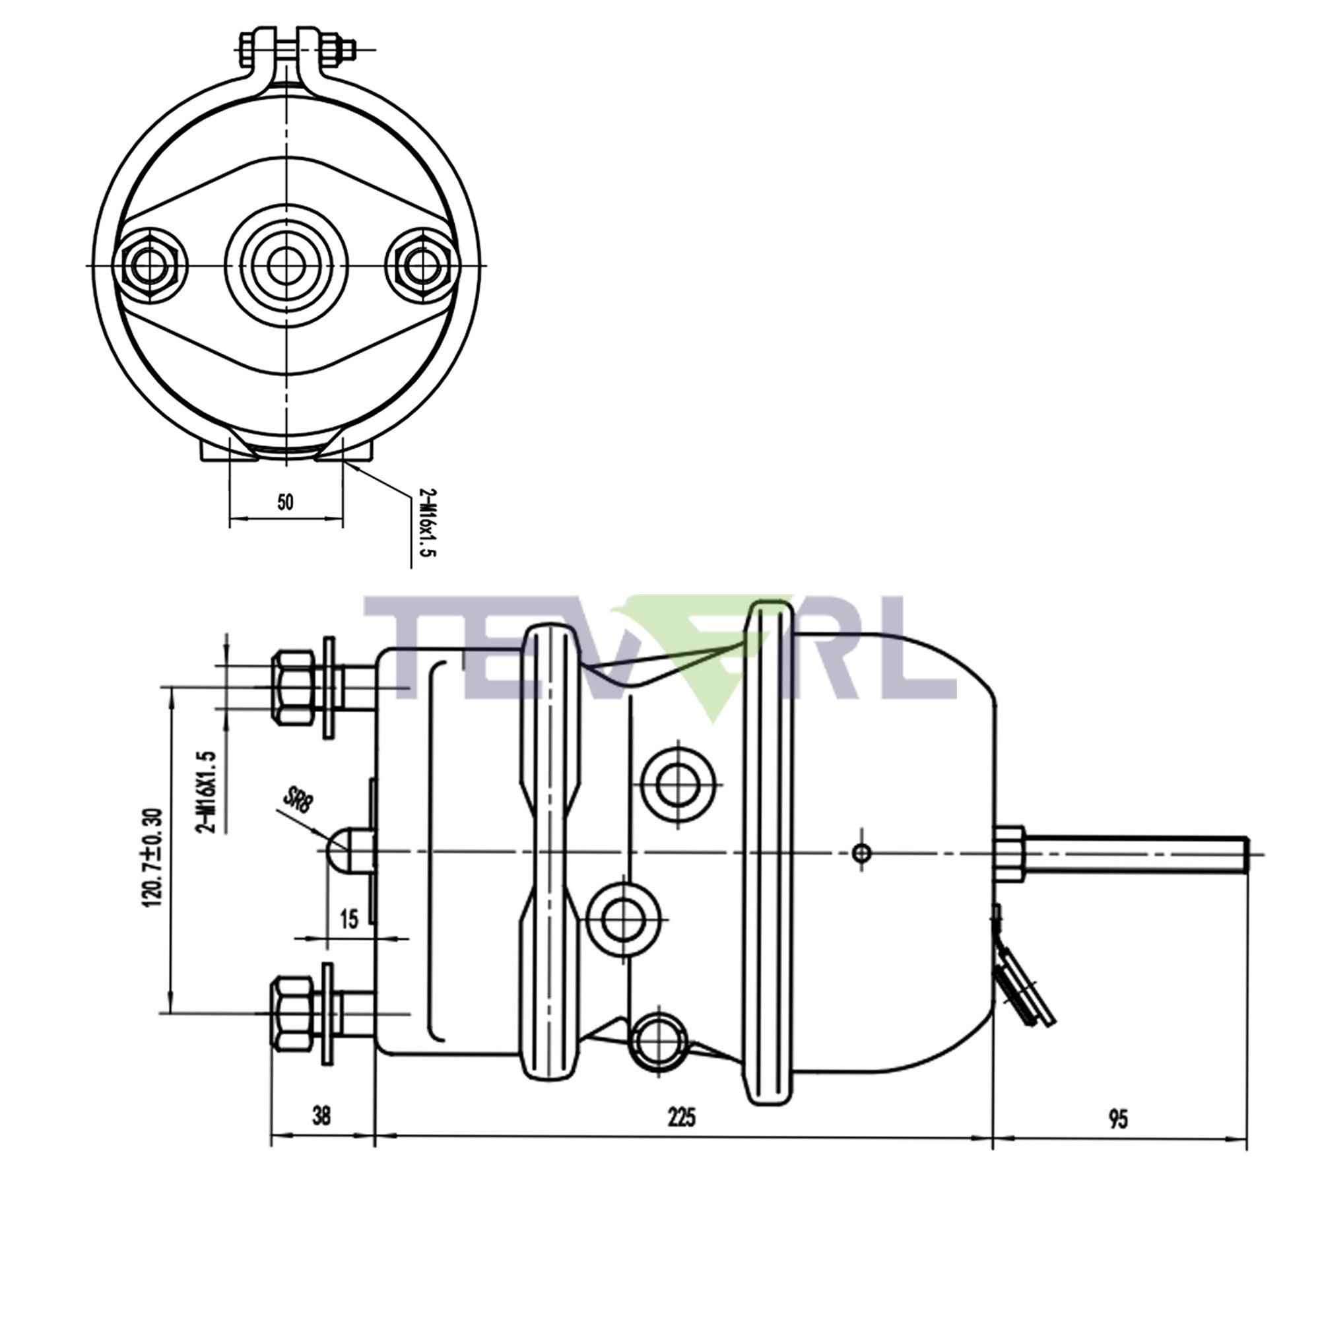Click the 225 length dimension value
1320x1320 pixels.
click(681, 1117)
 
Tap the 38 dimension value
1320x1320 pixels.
click(321, 1115)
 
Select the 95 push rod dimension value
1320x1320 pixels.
click(1118, 1119)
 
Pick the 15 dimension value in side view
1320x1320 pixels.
click(348, 919)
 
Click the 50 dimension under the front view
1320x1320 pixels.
click(285, 502)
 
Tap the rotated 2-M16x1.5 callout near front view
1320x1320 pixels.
click(426, 523)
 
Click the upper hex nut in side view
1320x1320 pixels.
click(293, 687)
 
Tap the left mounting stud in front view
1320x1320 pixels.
click(151, 265)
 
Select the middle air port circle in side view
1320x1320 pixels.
click(624, 919)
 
